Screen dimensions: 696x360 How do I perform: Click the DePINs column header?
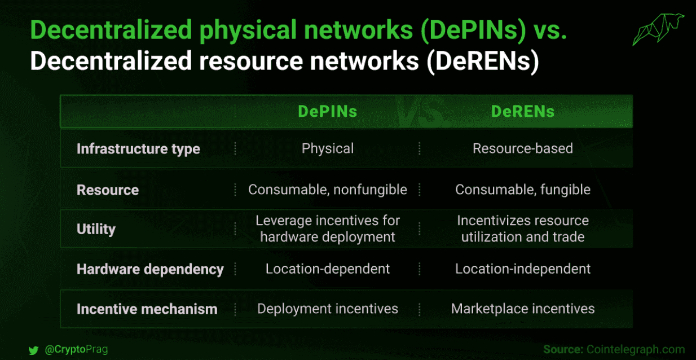pos(328,111)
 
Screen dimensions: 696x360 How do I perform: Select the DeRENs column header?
pos(523,111)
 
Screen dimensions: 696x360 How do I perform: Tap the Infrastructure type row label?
pos(138,149)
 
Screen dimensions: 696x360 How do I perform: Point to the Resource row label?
pos(108,190)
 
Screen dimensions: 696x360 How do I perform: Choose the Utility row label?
pos(96,229)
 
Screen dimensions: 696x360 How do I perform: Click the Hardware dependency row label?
pos(150,269)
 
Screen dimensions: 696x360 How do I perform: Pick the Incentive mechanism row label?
pos(147,309)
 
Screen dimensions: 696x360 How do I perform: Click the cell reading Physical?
pos(328,148)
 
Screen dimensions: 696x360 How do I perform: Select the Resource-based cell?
pos(523,148)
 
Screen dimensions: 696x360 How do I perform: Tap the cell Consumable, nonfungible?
pos(328,190)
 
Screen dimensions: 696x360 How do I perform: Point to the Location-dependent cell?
pos(328,269)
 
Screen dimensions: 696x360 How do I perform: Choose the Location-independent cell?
pos(523,269)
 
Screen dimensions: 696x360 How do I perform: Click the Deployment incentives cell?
pos(328,309)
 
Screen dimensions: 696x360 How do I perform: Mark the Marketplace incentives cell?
pos(523,309)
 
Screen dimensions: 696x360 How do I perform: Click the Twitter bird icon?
pos(33,350)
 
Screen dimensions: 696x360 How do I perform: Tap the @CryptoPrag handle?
pos(77,349)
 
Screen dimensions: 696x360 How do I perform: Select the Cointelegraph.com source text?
pos(636,349)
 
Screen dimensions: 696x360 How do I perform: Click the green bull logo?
pos(658,29)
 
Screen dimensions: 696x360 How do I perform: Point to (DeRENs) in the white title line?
pos(483,62)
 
